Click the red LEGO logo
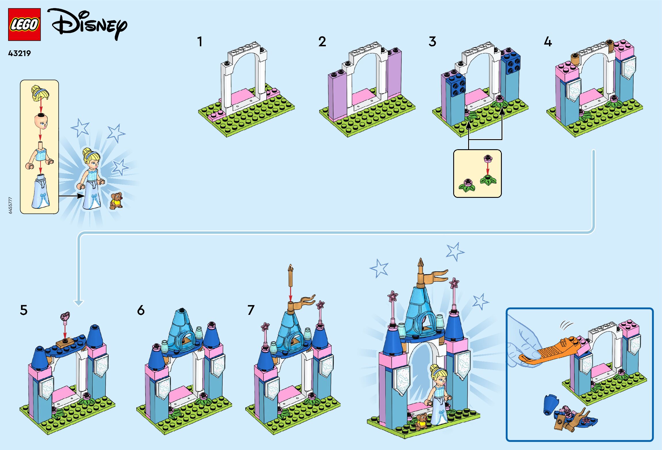pos(24,24)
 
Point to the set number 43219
pos(19,53)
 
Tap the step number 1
pos(200,42)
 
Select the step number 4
pos(548,42)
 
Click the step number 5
pos(24,310)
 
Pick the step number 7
pos(251,310)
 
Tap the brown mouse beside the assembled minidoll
pos(116,200)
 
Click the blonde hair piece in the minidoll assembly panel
pos(40,93)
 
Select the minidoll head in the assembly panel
pos(41,121)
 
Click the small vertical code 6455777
pos(10,205)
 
